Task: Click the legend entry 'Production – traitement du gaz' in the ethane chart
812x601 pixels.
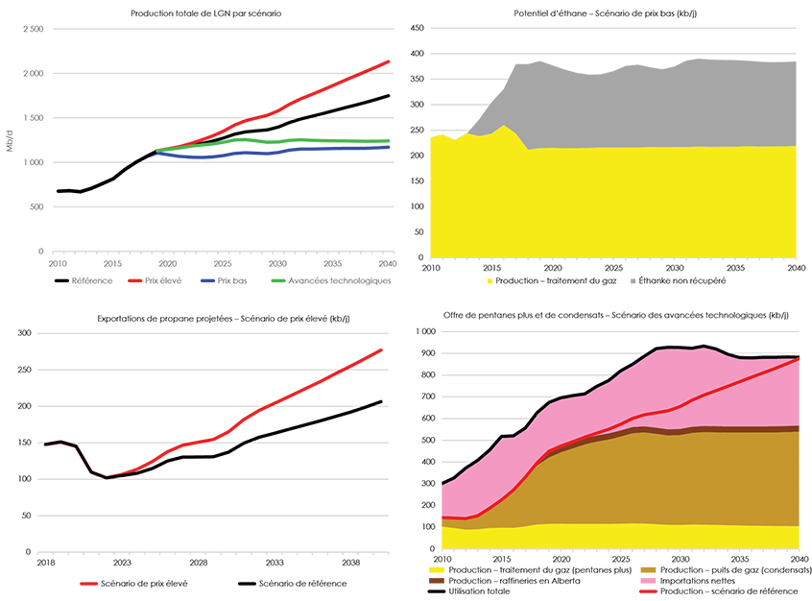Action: (544, 280)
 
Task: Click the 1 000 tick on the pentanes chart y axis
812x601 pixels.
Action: (422, 331)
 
